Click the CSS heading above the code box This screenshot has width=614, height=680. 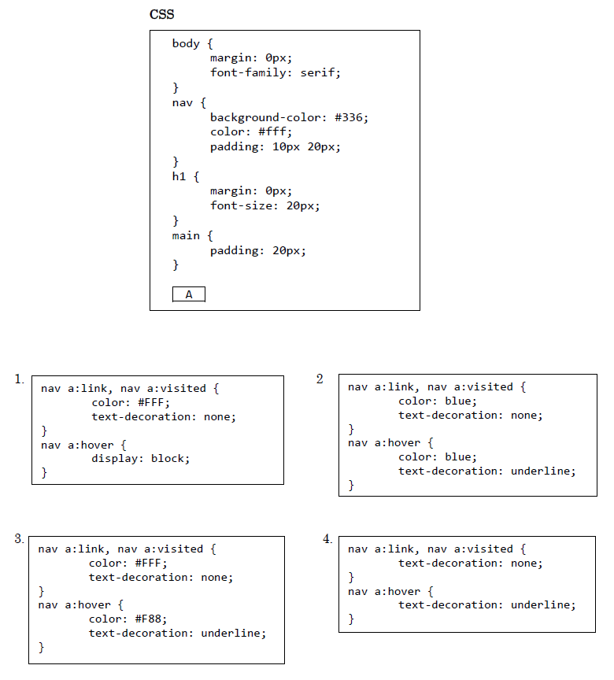pyautogui.click(x=161, y=14)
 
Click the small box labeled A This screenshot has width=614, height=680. pyautogui.click(x=189, y=294)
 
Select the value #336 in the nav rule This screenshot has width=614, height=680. pyautogui.click(x=350, y=117)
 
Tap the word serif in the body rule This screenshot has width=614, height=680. pyautogui.click(x=318, y=72)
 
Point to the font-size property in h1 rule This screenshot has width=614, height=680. pyautogui.click(x=242, y=205)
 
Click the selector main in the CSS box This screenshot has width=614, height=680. pyautogui.click(x=186, y=235)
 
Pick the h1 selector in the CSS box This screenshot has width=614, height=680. pyautogui.click(x=179, y=176)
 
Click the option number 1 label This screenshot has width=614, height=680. pyautogui.click(x=19, y=379)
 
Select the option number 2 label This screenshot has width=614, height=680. pyautogui.click(x=320, y=379)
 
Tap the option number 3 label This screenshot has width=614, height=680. pyautogui.click(x=19, y=538)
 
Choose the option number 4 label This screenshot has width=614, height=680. pyautogui.click(x=327, y=539)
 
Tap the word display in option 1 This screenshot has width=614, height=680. pyautogui.click(x=114, y=458)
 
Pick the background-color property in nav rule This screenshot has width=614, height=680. pyautogui.click(x=265, y=117)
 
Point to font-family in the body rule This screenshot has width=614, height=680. pyautogui.click(x=248, y=72)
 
